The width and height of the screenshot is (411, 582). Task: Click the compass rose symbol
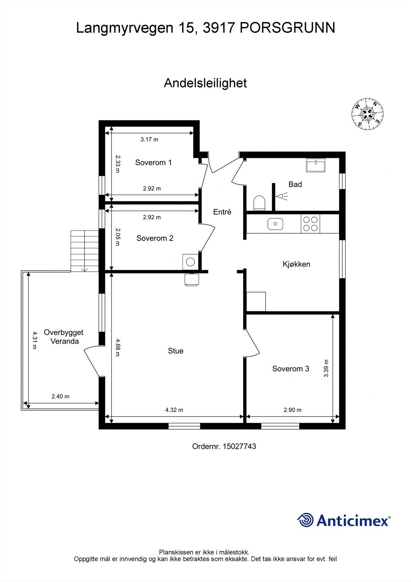click(x=368, y=114)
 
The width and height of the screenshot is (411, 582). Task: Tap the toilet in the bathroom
click(x=259, y=203)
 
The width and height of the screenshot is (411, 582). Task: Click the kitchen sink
click(x=275, y=224)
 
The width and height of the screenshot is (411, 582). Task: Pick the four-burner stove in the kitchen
click(x=311, y=224)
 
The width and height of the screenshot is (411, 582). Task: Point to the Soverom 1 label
click(x=153, y=163)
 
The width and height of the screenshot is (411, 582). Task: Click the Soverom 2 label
click(x=155, y=238)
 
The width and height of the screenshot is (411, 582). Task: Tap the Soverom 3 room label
click(x=290, y=369)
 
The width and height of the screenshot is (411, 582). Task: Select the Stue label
click(x=176, y=351)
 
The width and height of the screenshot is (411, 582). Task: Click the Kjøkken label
click(x=296, y=264)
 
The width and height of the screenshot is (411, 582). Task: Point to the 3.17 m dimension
click(x=149, y=139)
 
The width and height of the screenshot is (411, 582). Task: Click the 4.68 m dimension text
click(x=117, y=347)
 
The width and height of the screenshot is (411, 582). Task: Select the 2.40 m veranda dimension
click(x=60, y=396)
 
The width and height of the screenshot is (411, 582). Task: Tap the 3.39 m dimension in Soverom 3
click(x=326, y=368)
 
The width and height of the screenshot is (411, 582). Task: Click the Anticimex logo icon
click(x=305, y=520)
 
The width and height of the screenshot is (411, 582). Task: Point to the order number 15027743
click(x=239, y=446)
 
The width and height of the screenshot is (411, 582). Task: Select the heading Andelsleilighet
click(x=205, y=83)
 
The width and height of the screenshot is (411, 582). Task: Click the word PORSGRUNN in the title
click(x=287, y=28)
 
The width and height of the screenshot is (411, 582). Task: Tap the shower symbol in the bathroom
click(x=281, y=197)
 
